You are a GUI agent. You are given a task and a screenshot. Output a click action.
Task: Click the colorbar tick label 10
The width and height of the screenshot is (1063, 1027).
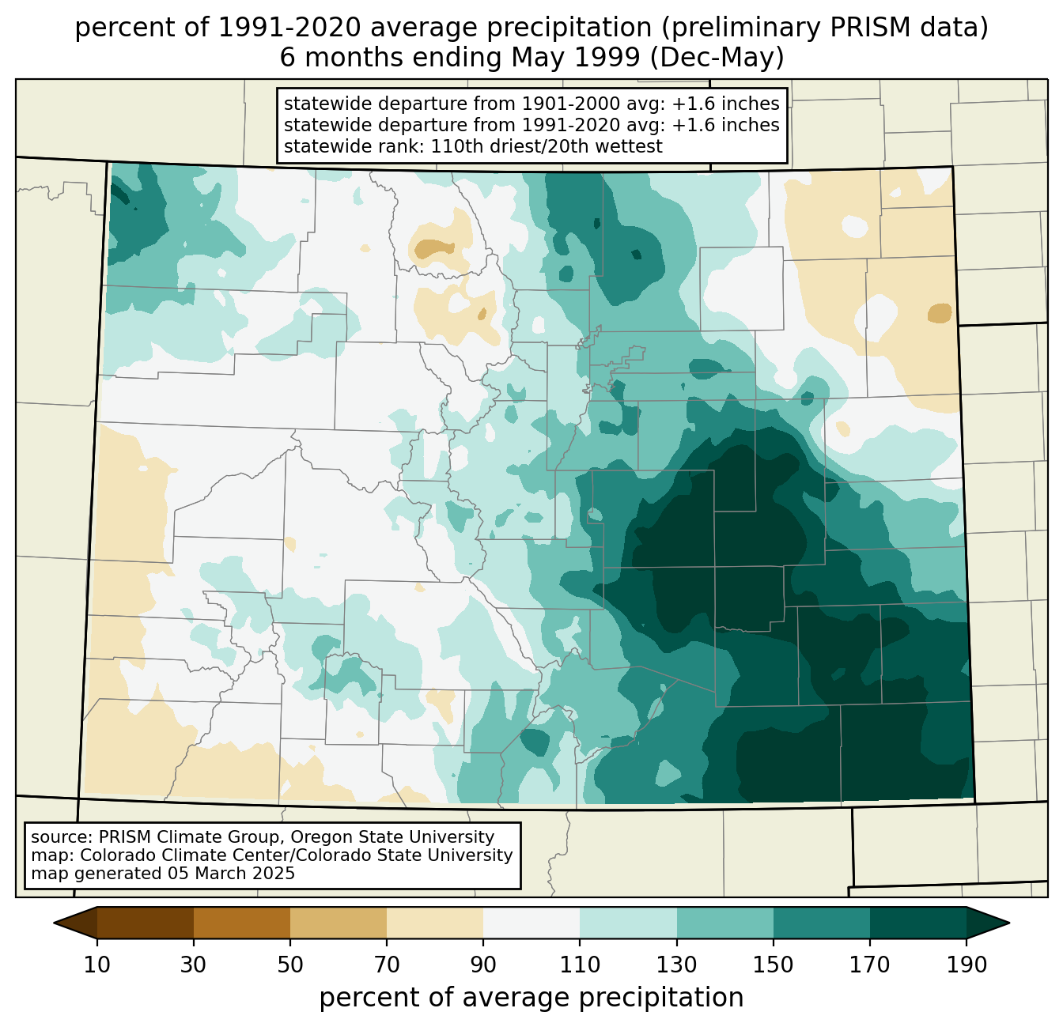pyautogui.click(x=96, y=965)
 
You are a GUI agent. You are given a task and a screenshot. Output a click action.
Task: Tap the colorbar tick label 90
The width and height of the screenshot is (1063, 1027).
pyautogui.click(x=483, y=965)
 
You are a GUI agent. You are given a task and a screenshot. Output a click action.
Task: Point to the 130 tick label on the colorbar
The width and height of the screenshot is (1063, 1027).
pyautogui.click(x=676, y=965)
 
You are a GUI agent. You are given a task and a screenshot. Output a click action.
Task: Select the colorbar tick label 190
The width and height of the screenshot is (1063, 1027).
pyautogui.click(x=967, y=965)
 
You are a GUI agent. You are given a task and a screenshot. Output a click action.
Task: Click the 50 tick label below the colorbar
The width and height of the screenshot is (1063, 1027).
pyautogui.click(x=290, y=965)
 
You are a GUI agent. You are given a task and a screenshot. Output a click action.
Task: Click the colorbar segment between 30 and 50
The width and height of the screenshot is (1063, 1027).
pyautogui.click(x=241, y=923)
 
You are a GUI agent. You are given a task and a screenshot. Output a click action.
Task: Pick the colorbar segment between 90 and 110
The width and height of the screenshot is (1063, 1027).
pyautogui.click(x=531, y=923)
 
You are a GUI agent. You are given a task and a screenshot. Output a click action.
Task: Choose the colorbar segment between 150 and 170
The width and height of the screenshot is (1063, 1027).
pyautogui.click(x=822, y=923)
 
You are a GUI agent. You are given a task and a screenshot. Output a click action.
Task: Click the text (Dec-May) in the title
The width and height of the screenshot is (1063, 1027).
pyautogui.click(x=717, y=58)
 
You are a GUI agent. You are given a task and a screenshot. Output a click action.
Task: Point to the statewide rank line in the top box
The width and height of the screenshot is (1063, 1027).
pyautogui.click(x=473, y=146)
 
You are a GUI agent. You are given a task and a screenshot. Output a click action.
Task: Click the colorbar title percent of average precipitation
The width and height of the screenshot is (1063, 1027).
pyautogui.click(x=531, y=997)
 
